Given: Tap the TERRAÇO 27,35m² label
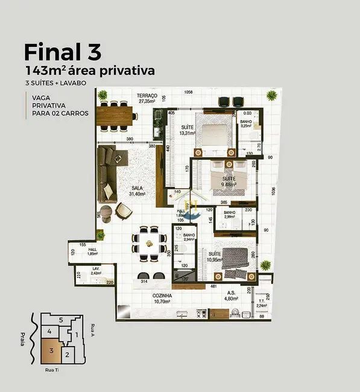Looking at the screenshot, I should click(147, 99).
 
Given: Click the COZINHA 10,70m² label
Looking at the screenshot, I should click(162, 299).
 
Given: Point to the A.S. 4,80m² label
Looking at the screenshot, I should click(232, 296).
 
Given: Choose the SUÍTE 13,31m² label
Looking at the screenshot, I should click(188, 131).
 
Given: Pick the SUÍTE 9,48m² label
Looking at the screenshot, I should click(229, 182).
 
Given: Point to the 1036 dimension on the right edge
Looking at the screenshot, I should click(273, 192).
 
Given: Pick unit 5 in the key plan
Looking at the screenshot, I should click(60, 320).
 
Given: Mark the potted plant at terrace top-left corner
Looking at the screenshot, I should click(103, 94).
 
